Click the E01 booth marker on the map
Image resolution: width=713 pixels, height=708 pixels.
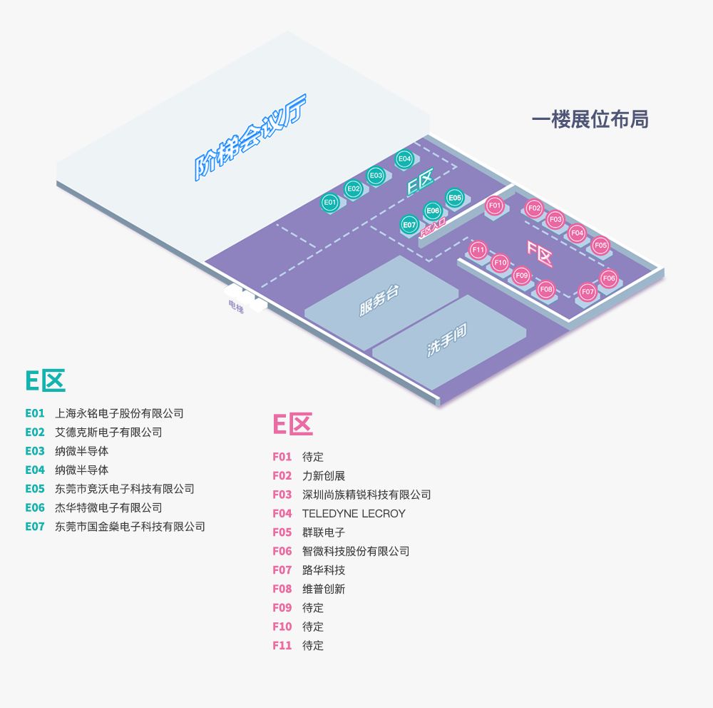pyautogui.click(x=329, y=202)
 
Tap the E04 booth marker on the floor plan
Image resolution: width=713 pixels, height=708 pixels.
pyautogui.click(x=404, y=158)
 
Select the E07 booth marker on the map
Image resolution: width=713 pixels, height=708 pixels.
pyautogui.click(x=409, y=225)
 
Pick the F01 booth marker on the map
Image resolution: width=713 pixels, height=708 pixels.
pyautogui.click(x=494, y=206)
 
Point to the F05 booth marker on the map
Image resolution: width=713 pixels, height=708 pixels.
pyautogui.click(x=600, y=245)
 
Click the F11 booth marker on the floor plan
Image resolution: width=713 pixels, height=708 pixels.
pyautogui.click(x=478, y=250)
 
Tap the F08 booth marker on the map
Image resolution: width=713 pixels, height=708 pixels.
pyautogui.click(x=545, y=288)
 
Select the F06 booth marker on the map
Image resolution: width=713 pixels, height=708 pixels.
pyautogui.click(x=608, y=278)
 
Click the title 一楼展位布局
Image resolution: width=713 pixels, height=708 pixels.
pyautogui.click(x=590, y=119)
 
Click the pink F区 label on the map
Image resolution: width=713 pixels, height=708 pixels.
pyautogui.click(x=540, y=249)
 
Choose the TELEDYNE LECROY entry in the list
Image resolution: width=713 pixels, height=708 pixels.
pyautogui.click(x=354, y=513)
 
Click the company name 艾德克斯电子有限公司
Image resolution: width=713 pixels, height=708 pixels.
pyautogui.click(x=108, y=432)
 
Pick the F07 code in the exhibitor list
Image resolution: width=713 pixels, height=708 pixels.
pyautogui.click(x=282, y=570)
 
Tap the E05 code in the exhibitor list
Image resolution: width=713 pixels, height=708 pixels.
pyautogui.click(x=35, y=489)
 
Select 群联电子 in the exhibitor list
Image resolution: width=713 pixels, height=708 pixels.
pyautogui.click(x=324, y=532)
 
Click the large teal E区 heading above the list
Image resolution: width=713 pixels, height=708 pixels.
pyautogui.click(x=46, y=380)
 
